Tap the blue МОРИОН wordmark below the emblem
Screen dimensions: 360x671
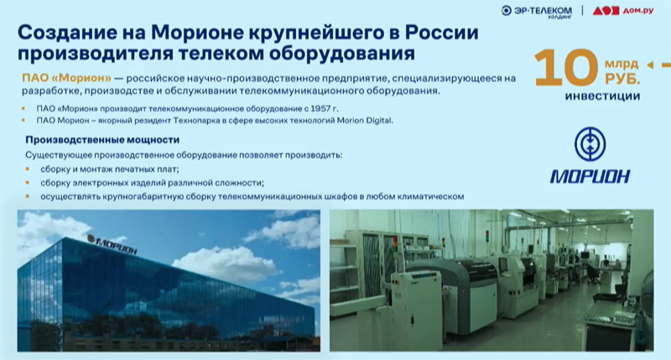[590, 175]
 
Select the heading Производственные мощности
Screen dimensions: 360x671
[94, 139]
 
